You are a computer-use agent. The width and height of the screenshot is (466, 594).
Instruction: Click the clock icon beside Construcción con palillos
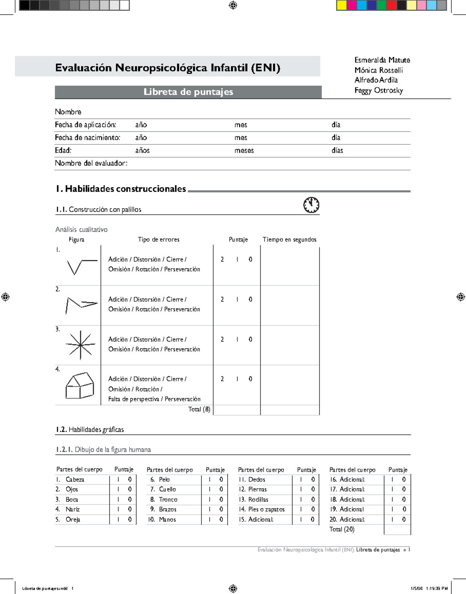pyautogui.click(x=311, y=205)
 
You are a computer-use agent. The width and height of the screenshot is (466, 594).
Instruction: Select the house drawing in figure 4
pyautogui.click(x=80, y=386)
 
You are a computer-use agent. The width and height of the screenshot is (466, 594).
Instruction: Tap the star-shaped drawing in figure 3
pyautogui.click(x=80, y=345)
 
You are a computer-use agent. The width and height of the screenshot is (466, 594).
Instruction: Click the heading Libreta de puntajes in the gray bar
pyautogui.click(x=188, y=92)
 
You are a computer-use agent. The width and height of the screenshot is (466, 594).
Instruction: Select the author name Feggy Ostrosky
pyautogui.click(x=378, y=90)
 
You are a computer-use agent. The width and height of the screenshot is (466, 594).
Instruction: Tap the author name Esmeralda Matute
pyautogui.click(x=382, y=60)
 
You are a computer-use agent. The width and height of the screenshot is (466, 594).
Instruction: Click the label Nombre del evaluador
pyautogui.click(x=91, y=163)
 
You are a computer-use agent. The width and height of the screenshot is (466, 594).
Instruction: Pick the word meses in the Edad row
pyautogui.click(x=244, y=151)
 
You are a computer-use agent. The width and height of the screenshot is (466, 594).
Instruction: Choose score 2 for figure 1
pyautogui.click(x=222, y=259)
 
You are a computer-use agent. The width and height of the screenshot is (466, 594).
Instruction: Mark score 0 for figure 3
pyautogui.click(x=250, y=339)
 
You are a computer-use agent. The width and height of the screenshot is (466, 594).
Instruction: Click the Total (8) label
pyautogui.click(x=199, y=409)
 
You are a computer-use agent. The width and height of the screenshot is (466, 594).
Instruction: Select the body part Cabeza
pyautogui.click(x=75, y=479)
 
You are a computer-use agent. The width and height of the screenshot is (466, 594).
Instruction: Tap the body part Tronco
pyautogui.click(x=168, y=500)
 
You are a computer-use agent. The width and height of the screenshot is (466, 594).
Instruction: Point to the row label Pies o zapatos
pyautogui.click(x=266, y=509)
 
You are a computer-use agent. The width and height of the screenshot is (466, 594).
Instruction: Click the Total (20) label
pyautogui.click(x=342, y=529)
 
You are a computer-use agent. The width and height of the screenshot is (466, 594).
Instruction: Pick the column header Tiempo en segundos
pyautogui.click(x=289, y=240)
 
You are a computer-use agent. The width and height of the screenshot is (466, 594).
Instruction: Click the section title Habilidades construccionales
pyautogui.click(x=121, y=189)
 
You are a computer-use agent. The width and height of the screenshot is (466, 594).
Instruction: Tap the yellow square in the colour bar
pyautogui.click(x=341, y=5)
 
